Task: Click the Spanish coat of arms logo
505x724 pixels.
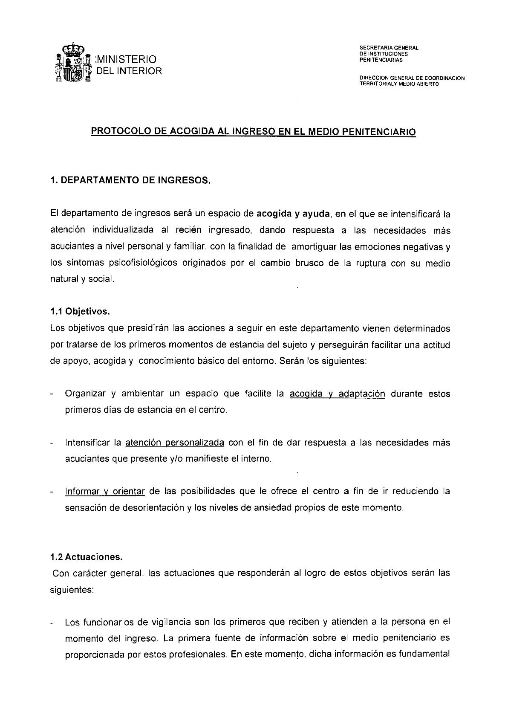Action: [x=73, y=64]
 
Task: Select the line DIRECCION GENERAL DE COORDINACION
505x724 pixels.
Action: [x=412, y=78]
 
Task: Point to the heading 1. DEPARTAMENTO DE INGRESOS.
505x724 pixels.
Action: [x=130, y=180]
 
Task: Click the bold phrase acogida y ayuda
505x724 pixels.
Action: [x=294, y=213]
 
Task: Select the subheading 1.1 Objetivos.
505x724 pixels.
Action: [x=80, y=312]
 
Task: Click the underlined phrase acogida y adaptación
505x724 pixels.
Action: [x=337, y=394]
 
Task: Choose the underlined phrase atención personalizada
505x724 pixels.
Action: [x=175, y=443]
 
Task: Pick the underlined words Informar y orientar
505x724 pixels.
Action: [x=105, y=491]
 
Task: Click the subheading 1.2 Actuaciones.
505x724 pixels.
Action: [x=86, y=557]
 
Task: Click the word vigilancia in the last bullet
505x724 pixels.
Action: [x=171, y=622]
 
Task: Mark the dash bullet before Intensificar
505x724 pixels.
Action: [x=52, y=443]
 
